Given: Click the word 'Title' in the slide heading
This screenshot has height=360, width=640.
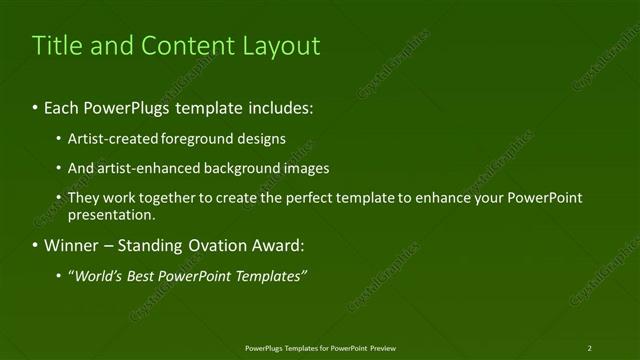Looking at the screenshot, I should click(56, 46).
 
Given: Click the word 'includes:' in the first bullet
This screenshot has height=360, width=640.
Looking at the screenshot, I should click(277, 107).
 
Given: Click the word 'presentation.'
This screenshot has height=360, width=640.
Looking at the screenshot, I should click(111, 215).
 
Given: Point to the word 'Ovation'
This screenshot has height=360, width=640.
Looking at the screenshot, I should click(220, 245).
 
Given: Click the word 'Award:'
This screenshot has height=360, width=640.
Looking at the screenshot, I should click(281, 245).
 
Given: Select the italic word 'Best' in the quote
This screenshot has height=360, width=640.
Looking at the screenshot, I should click(143, 275).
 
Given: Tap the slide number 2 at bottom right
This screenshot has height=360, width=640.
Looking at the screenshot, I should click(589, 347).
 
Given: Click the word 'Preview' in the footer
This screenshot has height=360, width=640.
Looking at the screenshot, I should click(382, 347).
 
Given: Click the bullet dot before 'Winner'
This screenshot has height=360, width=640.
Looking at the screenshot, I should click(36, 246).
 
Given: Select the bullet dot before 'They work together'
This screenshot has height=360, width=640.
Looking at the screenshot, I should click(60, 198).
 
